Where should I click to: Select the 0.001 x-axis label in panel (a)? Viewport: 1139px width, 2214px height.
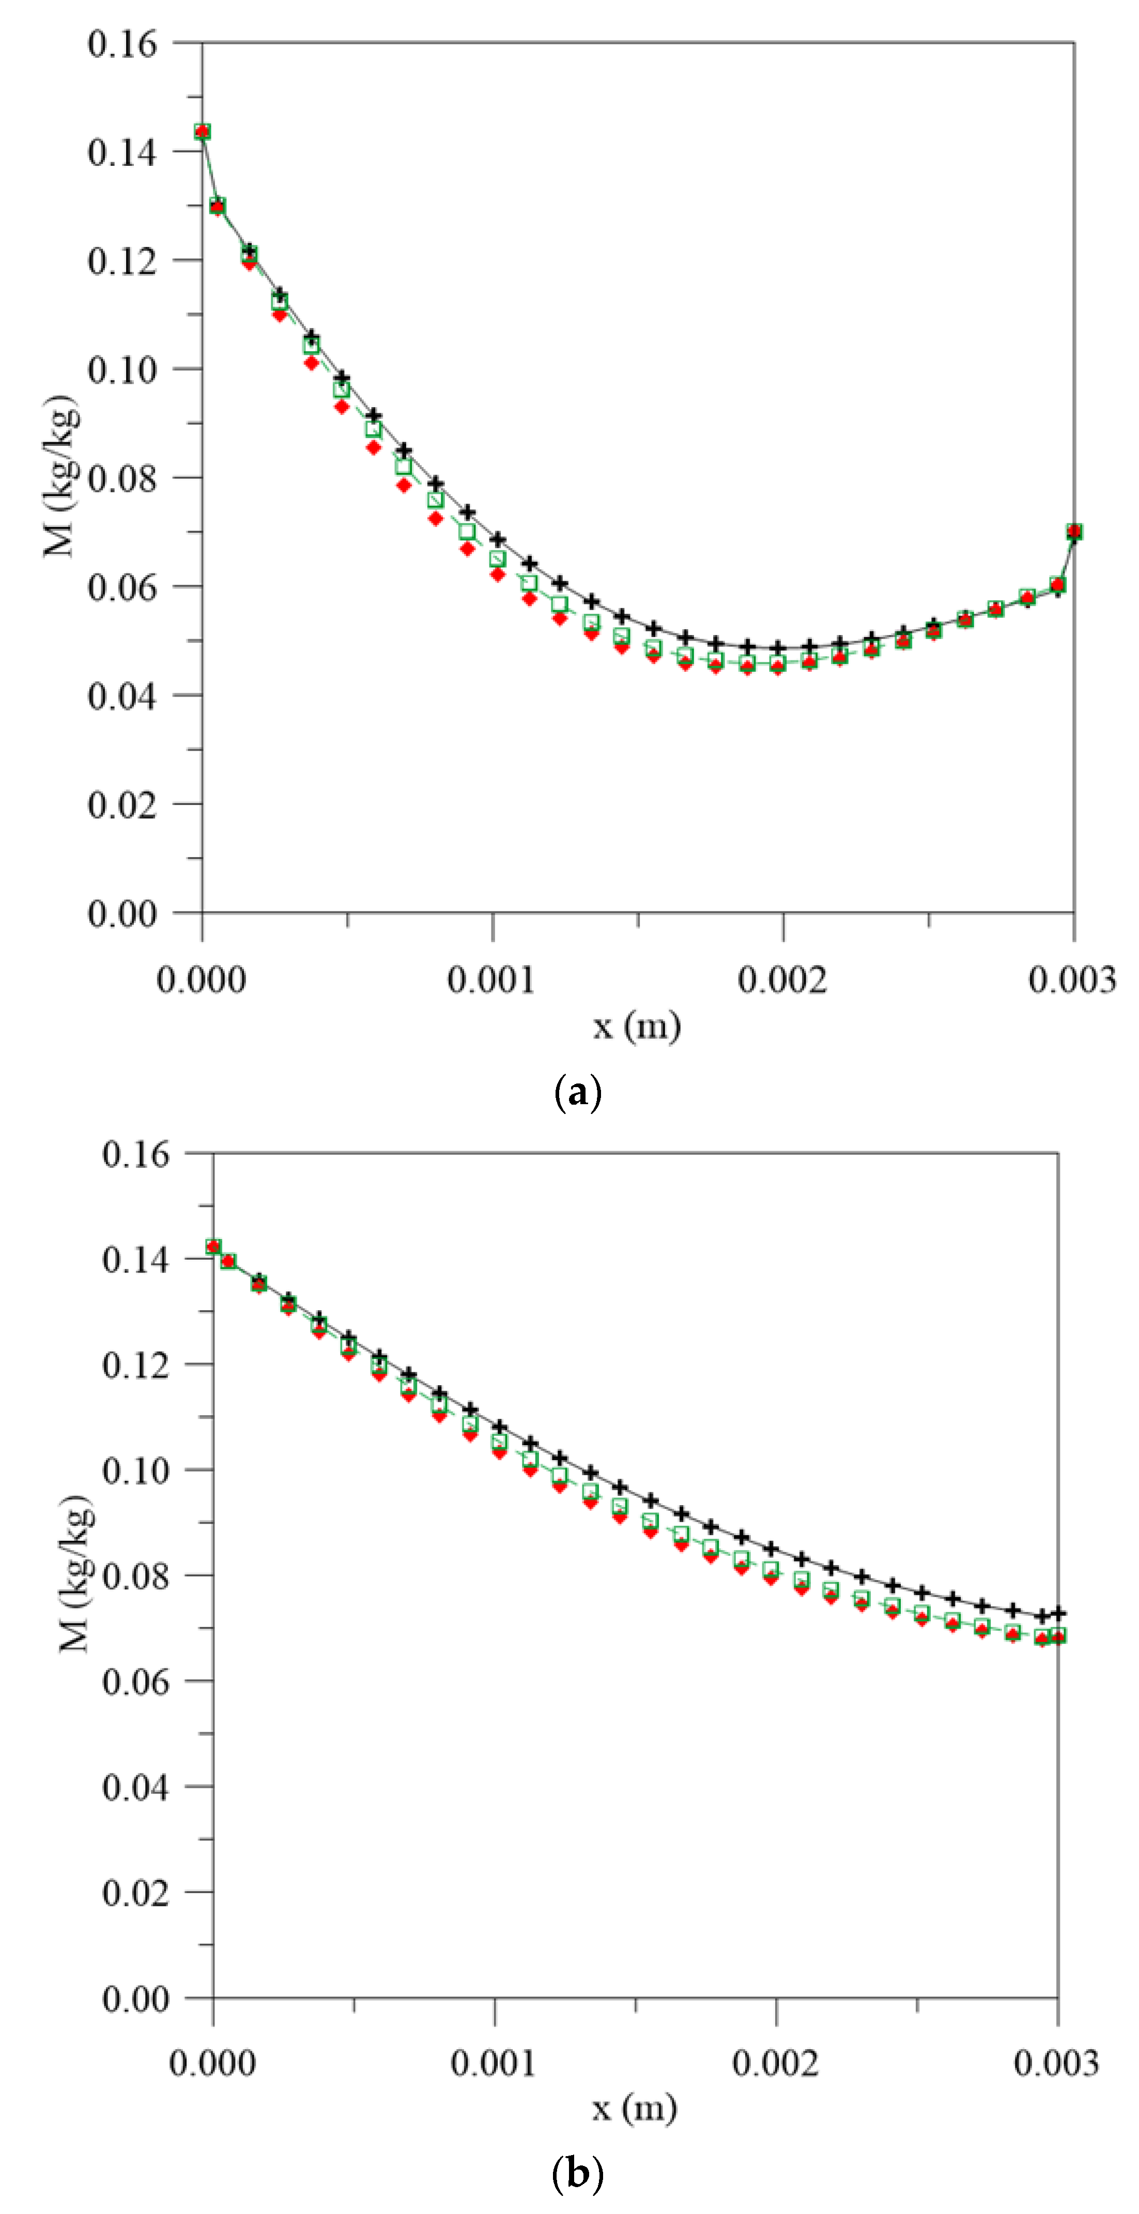pos(491,979)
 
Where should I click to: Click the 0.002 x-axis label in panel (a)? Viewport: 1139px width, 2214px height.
pos(782,979)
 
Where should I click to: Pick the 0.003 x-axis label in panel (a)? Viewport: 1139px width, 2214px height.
pos(1072,979)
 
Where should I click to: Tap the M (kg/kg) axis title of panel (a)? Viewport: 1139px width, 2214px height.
pos(60,477)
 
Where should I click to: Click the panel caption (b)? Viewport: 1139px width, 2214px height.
pos(578,2174)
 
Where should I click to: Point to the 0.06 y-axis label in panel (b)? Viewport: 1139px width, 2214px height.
pos(136,1682)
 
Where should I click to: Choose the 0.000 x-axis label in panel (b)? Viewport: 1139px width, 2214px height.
pos(212,2063)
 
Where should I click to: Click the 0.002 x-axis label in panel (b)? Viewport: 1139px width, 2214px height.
pos(775,2063)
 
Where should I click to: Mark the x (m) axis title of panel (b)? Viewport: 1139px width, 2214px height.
pos(635,2108)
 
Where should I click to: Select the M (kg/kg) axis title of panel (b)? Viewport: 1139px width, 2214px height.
pos(75,1574)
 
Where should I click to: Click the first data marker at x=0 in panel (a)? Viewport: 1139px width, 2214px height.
pos(202,132)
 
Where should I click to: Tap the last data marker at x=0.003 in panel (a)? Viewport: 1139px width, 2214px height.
pos(1074,532)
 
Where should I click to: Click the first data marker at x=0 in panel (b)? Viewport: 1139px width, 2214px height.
pos(213,1247)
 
